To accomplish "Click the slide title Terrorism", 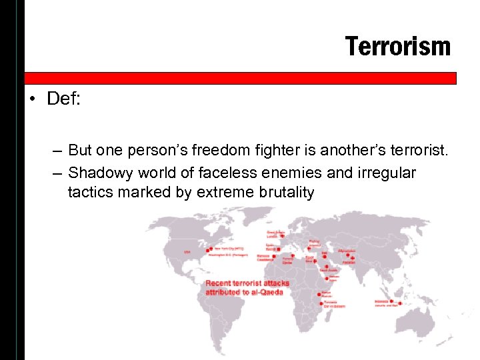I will [398, 47].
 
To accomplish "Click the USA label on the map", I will [188, 252].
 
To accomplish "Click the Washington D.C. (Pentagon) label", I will [229, 255].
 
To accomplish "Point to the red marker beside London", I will [283, 235].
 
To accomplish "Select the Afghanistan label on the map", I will [347, 251].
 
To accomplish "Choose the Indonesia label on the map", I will [385, 302].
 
